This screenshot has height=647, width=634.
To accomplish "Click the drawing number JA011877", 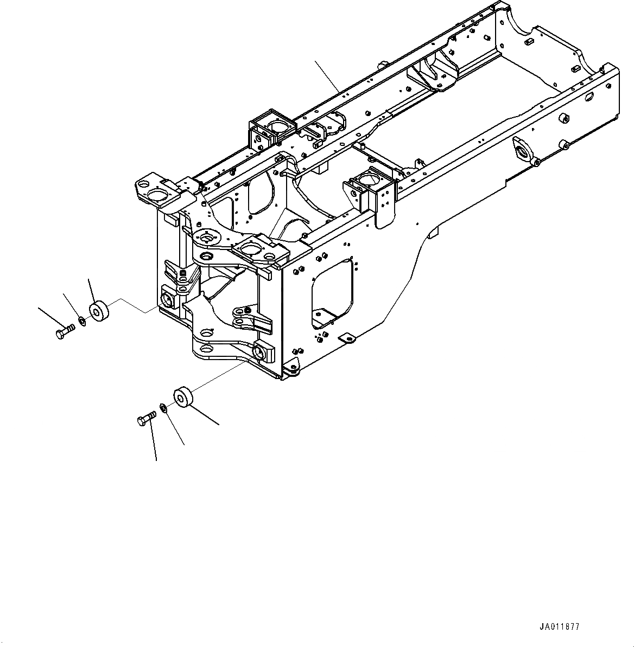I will pos(559,627).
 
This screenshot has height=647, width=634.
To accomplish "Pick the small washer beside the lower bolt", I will pos(163,407).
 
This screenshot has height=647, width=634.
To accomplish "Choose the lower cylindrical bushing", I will pos(182,396).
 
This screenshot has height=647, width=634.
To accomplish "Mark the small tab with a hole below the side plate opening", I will pos(348,339).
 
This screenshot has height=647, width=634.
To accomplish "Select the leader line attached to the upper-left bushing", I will pos(91,291).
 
